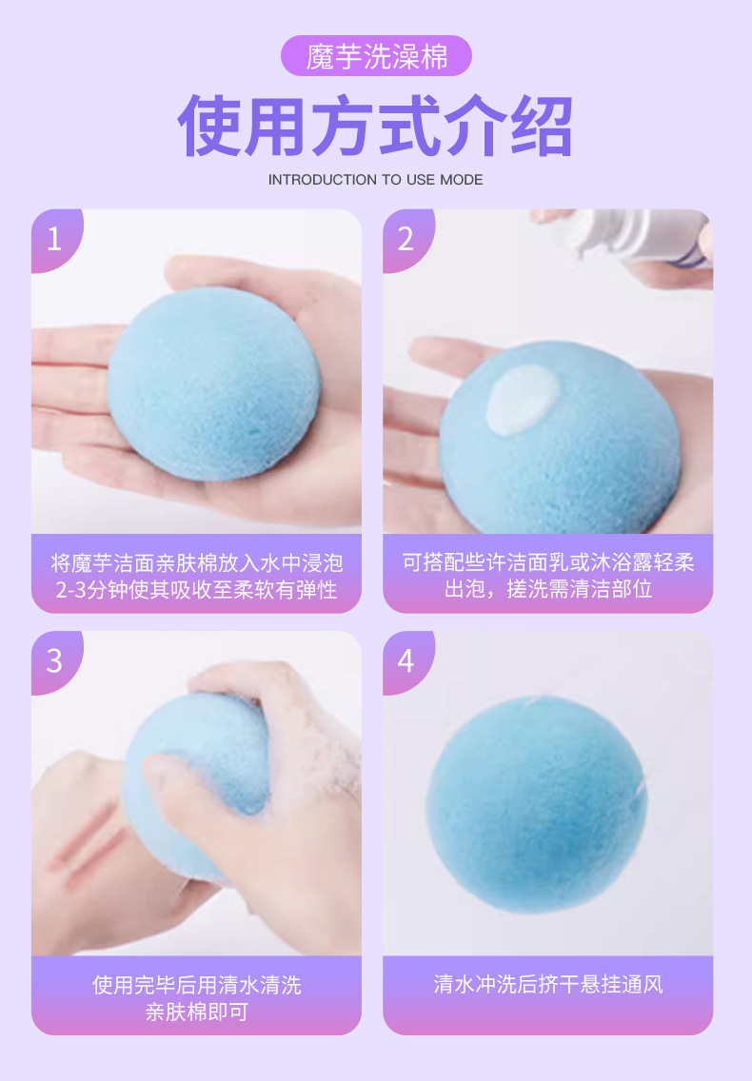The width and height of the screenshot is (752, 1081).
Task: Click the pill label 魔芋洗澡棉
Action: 376,56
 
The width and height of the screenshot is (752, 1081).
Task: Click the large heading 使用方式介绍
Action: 375,127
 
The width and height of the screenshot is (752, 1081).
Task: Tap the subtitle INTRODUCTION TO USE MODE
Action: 375,180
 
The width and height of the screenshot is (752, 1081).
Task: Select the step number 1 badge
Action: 55,239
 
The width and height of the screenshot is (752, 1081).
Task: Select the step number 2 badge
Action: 406,239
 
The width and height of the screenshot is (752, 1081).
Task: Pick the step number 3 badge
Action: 55,661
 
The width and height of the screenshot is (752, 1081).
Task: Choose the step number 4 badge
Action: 406,661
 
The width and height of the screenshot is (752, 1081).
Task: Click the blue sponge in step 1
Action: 214,383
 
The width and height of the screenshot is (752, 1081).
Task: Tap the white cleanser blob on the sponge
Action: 523,400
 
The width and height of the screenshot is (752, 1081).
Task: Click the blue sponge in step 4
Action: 538,804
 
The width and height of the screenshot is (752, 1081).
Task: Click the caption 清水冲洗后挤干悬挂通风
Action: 548,984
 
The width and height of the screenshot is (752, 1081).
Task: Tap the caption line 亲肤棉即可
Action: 197,1012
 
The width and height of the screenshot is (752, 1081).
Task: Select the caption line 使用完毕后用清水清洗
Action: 197,985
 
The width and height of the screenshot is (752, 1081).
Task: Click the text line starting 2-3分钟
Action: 197,590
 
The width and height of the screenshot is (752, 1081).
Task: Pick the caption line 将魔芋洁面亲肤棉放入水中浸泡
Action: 197,563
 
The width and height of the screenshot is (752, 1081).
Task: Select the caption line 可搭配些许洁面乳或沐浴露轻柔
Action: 548,562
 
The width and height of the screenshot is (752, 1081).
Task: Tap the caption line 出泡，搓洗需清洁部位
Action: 548,589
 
